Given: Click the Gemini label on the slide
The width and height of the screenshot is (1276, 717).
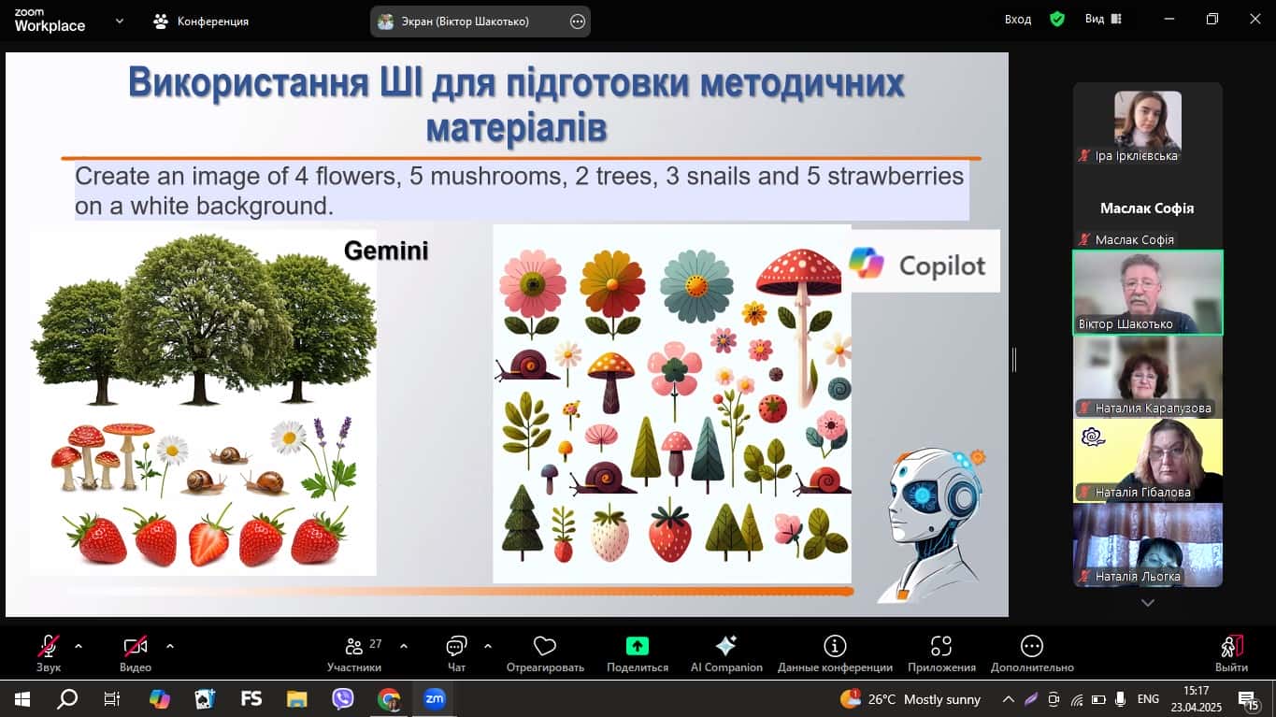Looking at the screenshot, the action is point(386,251).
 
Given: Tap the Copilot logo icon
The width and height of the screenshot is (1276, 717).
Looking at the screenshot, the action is point(866,263).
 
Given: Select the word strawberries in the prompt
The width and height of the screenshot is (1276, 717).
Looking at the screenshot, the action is point(895,176).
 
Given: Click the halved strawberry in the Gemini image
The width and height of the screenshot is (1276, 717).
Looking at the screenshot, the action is point(209,538).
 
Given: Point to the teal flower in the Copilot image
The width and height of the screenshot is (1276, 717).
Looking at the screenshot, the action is point(696,286).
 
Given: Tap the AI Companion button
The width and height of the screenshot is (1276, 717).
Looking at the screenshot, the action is point(726,653).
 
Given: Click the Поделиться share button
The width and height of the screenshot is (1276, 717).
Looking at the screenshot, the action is point(637,653).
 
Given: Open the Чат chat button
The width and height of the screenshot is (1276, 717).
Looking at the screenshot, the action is point(456,653).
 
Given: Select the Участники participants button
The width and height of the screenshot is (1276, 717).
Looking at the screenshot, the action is point(354,653).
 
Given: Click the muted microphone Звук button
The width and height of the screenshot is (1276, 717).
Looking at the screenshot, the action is point(49,653).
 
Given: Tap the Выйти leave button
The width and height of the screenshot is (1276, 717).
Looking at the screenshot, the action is point(1231,653).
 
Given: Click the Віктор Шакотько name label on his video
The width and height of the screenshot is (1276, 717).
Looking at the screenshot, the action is point(1125,324).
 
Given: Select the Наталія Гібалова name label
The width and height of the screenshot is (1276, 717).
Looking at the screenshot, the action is point(1142,492).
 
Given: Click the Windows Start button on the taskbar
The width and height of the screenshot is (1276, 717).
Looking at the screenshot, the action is point(22,699).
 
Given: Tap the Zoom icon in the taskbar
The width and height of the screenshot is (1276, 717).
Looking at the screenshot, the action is point(434,699).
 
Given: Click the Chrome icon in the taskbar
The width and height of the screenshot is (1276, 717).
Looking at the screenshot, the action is point(389,699).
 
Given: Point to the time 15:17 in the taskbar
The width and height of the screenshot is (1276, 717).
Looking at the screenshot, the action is point(1196,691).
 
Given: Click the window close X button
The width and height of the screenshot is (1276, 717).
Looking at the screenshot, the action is point(1254,19).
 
